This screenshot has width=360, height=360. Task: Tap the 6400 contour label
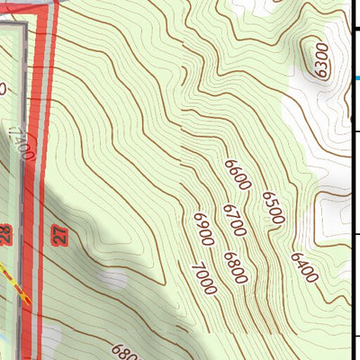(x=303, y=267)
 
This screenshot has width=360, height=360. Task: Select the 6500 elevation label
(x=273, y=208)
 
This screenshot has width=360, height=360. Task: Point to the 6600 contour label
(x=238, y=174)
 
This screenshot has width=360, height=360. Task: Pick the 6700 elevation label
(x=234, y=220)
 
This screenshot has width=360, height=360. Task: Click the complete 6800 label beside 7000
(x=235, y=268)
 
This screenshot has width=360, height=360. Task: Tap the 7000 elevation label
(x=203, y=279)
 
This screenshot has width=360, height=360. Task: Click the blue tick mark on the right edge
(x=356, y=77)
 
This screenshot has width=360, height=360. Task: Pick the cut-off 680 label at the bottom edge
(x=126, y=352)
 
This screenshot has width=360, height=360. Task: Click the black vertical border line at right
(x=350, y=180)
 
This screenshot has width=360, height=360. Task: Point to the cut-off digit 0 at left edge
(x=3, y=88)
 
